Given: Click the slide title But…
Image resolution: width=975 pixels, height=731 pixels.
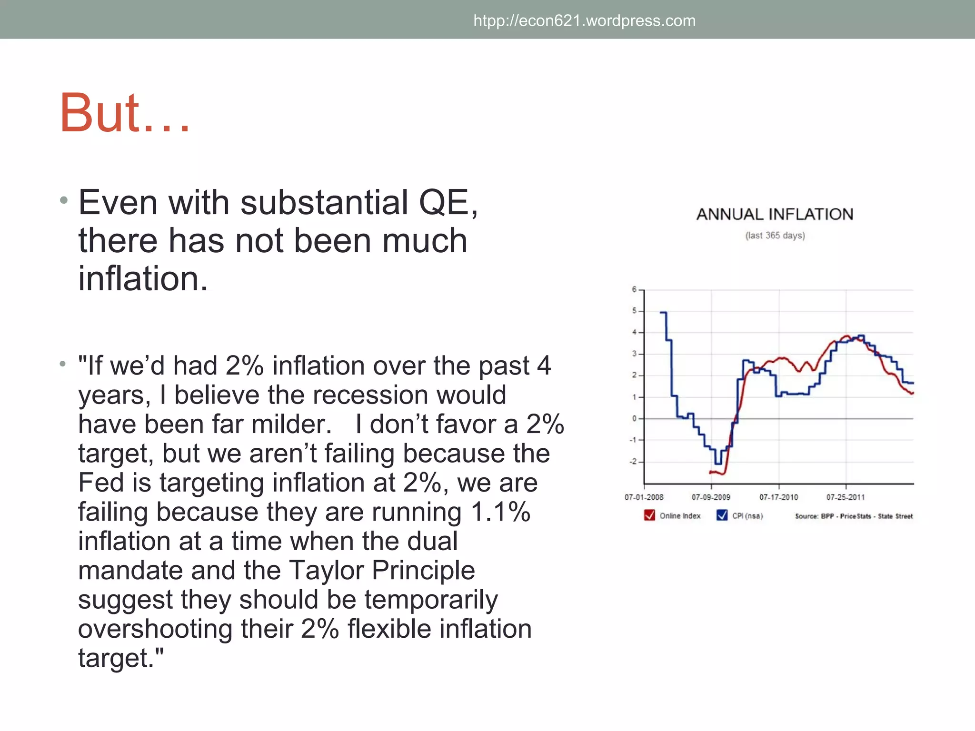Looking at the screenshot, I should (x=125, y=113).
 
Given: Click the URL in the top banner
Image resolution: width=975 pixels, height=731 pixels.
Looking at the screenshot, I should (x=584, y=21).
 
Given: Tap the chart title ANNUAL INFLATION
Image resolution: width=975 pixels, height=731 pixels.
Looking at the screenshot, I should (x=775, y=215).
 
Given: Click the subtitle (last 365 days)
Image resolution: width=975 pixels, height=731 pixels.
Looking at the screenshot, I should (x=775, y=236).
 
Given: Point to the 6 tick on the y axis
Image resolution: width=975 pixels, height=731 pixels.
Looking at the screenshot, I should (x=634, y=289).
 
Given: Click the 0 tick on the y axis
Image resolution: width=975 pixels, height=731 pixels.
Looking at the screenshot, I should (x=634, y=419).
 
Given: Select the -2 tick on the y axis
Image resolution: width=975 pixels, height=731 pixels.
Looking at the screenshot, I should (x=633, y=462).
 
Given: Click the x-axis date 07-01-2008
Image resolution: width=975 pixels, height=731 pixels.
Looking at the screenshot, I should (x=644, y=497).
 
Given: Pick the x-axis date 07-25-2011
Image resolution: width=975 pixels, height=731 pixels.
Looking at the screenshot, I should (x=846, y=497).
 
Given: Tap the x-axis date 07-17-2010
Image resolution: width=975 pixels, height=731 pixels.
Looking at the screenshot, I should (x=778, y=497).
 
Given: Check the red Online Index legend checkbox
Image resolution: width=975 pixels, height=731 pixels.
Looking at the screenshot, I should (x=649, y=515).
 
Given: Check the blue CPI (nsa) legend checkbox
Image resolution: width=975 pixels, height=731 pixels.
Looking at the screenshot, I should (x=722, y=515).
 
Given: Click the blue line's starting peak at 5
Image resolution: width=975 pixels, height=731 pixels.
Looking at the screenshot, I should (x=663, y=313).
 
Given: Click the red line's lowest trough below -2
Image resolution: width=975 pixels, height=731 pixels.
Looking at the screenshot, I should (x=723, y=474).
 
